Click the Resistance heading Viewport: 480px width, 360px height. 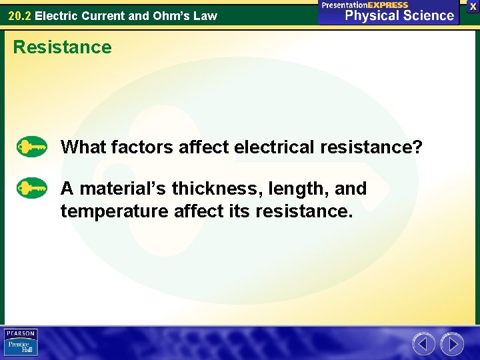(x=63, y=47)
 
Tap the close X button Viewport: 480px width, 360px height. (x=473, y=5)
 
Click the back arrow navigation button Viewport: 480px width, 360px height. (x=423, y=344)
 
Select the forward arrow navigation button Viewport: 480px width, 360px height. (x=452, y=344)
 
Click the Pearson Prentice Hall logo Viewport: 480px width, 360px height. (x=21, y=343)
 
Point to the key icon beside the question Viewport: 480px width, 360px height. (x=31, y=146)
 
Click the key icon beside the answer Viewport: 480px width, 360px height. (x=31, y=189)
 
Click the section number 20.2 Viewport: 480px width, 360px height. (x=19, y=15)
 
